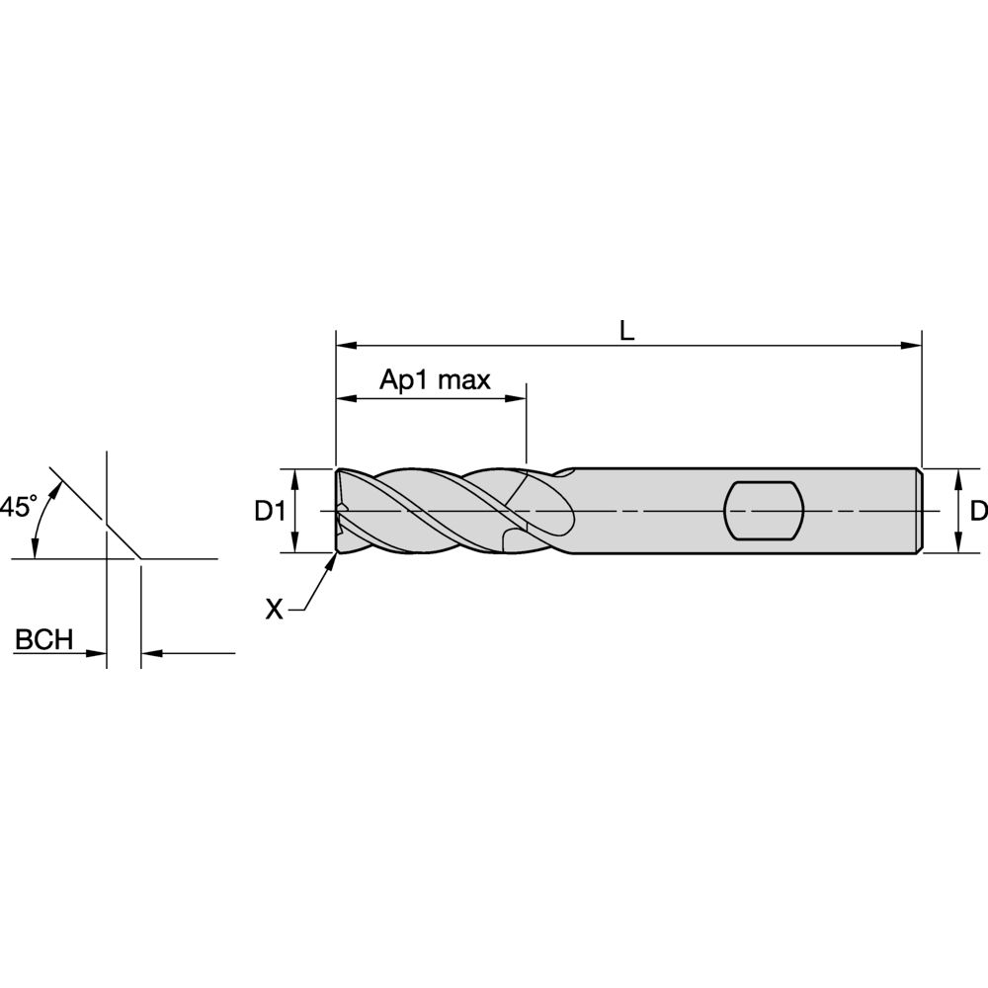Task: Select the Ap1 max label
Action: coord(436,381)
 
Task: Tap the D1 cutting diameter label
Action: coord(270,512)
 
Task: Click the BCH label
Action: coord(43,640)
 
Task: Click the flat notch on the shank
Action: coord(762,511)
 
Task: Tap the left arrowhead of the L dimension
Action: coord(344,346)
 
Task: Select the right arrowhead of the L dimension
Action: coord(914,346)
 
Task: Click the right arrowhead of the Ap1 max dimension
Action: coord(518,399)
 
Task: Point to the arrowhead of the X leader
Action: coord(333,559)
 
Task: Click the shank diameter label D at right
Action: coord(977,512)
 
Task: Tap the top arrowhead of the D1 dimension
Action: coord(295,475)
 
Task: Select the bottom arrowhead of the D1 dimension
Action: coord(295,546)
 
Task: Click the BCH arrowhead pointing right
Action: coord(99,653)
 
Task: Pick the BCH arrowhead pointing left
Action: coord(149,653)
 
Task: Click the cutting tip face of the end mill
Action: coord(339,511)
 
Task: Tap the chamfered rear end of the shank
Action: coord(920,511)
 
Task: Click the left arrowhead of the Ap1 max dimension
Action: coord(344,399)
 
